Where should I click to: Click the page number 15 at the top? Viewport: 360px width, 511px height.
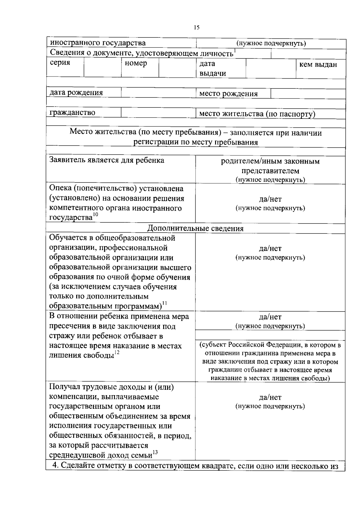(196, 28)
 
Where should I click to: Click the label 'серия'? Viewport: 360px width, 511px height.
(60, 63)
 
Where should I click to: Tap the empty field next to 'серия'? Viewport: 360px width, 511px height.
(102, 68)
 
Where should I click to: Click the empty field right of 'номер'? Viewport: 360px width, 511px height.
(177, 68)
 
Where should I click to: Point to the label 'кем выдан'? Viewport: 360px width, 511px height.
(318, 65)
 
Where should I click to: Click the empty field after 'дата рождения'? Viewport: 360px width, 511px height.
(158, 93)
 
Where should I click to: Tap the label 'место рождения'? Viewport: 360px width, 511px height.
(229, 94)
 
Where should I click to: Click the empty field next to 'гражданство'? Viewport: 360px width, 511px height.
(158, 113)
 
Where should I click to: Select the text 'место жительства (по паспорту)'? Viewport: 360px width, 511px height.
(257, 114)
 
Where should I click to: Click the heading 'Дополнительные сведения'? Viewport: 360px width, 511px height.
(195, 228)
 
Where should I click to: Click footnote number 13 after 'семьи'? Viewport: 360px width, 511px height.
(155, 452)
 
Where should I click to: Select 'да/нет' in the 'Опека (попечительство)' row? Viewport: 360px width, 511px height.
(270, 199)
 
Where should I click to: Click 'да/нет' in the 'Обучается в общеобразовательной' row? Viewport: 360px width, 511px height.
(270, 248)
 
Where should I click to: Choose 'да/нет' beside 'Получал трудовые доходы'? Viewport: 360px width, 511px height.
(270, 397)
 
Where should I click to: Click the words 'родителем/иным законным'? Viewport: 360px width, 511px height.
(270, 161)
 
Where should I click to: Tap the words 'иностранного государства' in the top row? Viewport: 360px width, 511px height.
(97, 43)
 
